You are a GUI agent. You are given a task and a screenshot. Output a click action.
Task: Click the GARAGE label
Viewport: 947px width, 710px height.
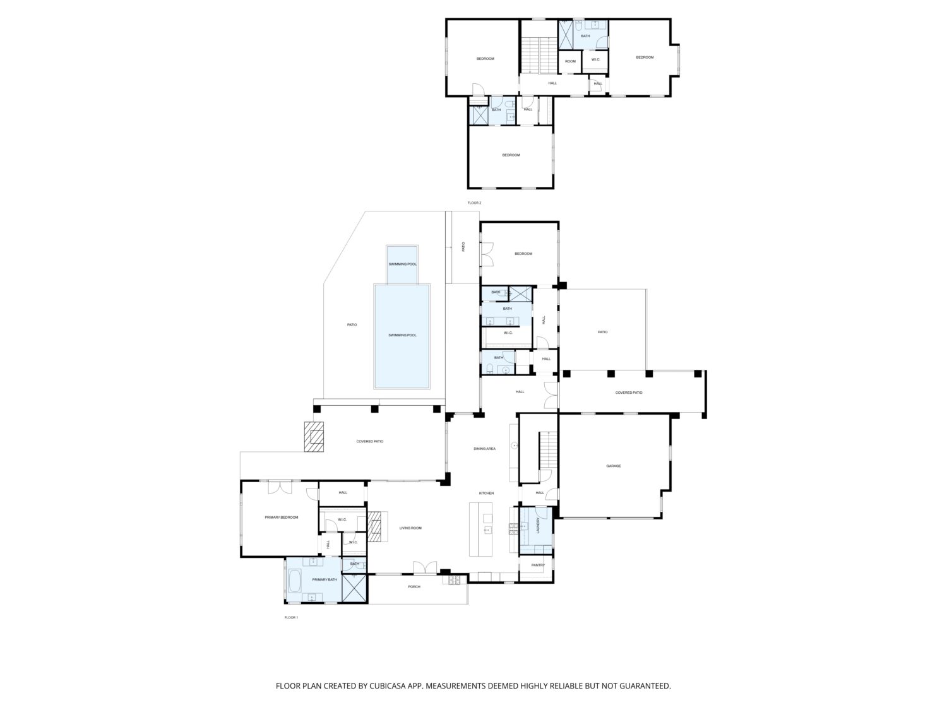(x=613, y=466)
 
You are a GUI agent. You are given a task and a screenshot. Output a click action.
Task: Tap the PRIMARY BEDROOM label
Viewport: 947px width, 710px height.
(x=282, y=518)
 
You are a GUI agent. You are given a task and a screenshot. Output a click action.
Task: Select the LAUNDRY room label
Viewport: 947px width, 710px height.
(x=538, y=526)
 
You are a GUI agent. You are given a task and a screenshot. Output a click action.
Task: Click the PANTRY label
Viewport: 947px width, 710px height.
(x=538, y=565)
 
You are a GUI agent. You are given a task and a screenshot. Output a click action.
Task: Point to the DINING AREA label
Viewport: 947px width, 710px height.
(x=484, y=449)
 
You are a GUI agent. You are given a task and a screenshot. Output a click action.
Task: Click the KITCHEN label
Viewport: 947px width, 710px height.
(x=486, y=493)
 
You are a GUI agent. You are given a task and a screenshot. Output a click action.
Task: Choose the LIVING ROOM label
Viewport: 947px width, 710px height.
(x=410, y=528)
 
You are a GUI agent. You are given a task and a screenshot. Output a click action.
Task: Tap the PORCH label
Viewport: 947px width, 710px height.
(x=414, y=587)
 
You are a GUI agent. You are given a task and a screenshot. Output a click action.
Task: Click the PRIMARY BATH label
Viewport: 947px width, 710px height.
(x=325, y=580)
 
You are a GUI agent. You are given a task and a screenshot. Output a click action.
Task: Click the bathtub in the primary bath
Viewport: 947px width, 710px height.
(x=294, y=581)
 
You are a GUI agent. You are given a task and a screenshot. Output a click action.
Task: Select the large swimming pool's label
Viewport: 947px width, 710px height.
(x=403, y=335)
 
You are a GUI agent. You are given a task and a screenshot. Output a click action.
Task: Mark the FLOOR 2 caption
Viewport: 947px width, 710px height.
(x=474, y=203)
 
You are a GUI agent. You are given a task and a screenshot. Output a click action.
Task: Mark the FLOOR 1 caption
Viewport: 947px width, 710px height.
(x=291, y=617)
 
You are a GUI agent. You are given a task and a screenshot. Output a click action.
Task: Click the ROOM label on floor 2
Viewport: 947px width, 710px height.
(x=570, y=61)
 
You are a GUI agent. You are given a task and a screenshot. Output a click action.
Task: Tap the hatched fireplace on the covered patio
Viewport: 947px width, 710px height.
(x=314, y=436)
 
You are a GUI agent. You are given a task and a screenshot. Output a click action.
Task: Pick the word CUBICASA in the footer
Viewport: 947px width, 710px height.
(x=388, y=685)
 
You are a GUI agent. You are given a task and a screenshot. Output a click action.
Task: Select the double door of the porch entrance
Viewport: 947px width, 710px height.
(x=425, y=568)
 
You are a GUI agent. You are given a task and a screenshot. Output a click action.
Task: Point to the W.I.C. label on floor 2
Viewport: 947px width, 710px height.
(x=595, y=59)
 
